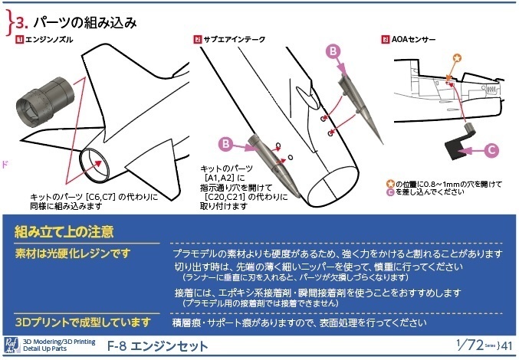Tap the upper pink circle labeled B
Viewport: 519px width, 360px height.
click(333, 51)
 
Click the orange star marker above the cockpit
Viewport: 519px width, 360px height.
click(457, 57)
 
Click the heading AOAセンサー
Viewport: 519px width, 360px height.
click(414, 38)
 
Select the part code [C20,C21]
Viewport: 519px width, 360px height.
click(230, 196)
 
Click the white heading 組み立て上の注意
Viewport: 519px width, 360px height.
click(65, 232)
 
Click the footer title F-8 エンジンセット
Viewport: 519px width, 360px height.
click(158, 346)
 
